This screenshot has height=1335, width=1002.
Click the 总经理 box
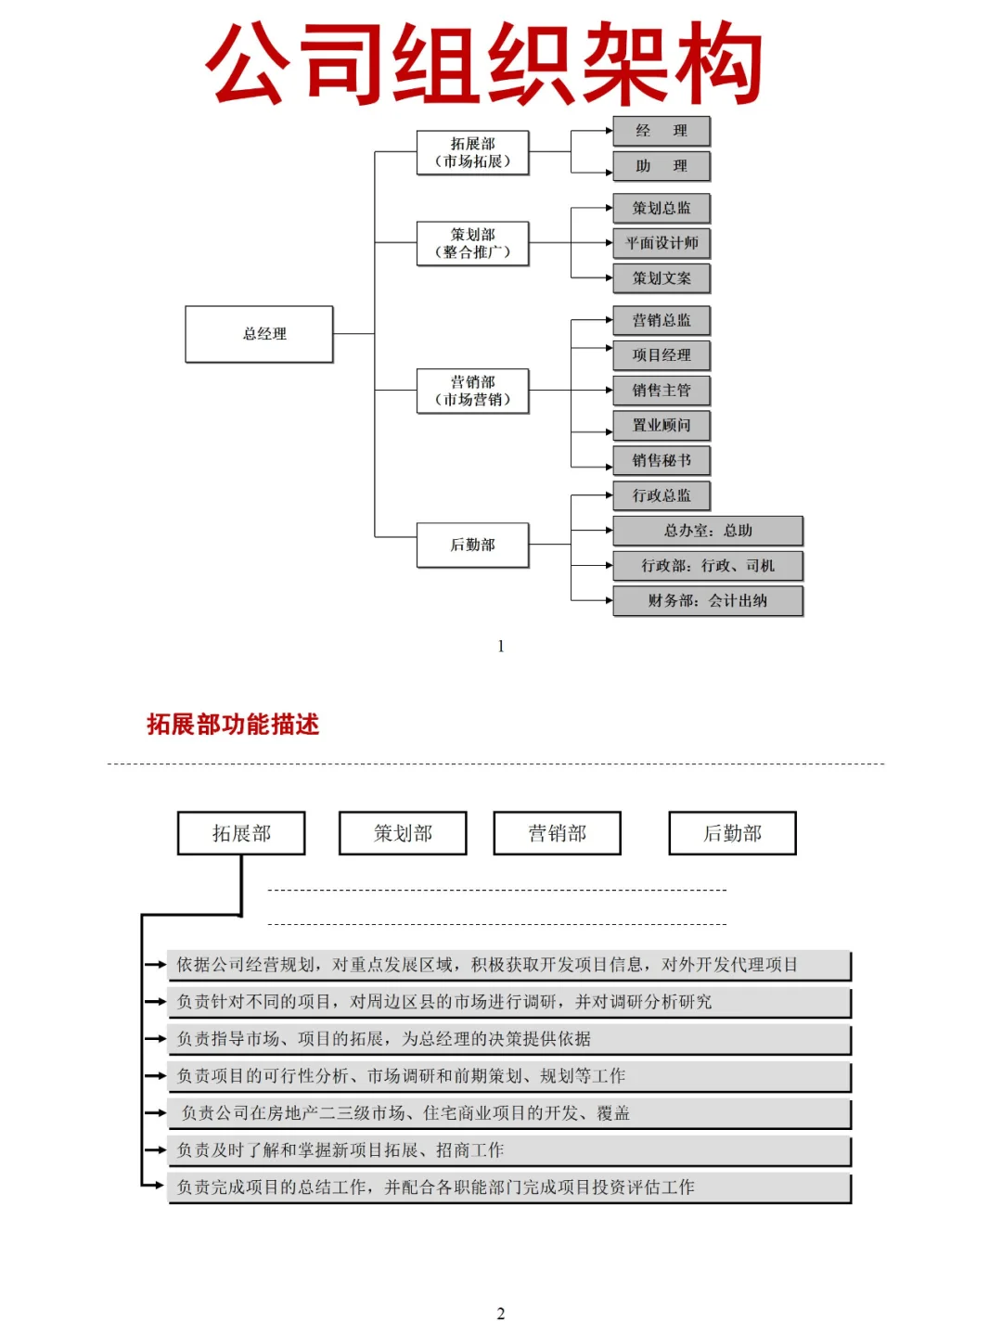pyautogui.click(x=259, y=334)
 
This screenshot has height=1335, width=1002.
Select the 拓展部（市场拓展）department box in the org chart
pyautogui.click(x=472, y=153)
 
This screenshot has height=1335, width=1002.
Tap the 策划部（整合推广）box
pyautogui.click(x=472, y=243)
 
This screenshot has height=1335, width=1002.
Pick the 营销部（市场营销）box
pyautogui.click(x=472, y=391)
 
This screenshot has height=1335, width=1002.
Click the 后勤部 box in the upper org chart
pyautogui.click(x=472, y=545)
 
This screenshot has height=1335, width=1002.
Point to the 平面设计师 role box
pyautogui.click(x=662, y=243)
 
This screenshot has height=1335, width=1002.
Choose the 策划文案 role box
pyautogui.click(x=662, y=278)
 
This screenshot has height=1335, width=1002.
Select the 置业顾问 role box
pyautogui.click(x=662, y=426)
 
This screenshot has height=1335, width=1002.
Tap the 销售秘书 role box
pyautogui.click(x=662, y=461)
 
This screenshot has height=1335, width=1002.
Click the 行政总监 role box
pyautogui.click(x=662, y=495)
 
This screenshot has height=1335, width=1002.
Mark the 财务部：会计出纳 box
pyautogui.click(x=707, y=601)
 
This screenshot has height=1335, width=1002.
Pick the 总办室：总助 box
pyautogui.click(x=707, y=531)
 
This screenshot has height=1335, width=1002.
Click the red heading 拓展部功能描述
pyautogui.click(x=233, y=725)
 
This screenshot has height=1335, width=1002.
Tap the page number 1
pyautogui.click(x=501, y=647)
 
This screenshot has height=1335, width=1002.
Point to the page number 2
pyautogui.click(x=501, y=1314)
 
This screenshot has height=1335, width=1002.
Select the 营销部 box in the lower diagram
pyautogui.click(x=557, y=833)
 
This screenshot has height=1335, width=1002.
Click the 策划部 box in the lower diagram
pyautogui.click(x=403, y=833)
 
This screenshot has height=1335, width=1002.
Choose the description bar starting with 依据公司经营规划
pyautogui.click(x=508, y=965)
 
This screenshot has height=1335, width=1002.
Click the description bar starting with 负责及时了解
pyautogui.click(x=508, y=1150)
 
